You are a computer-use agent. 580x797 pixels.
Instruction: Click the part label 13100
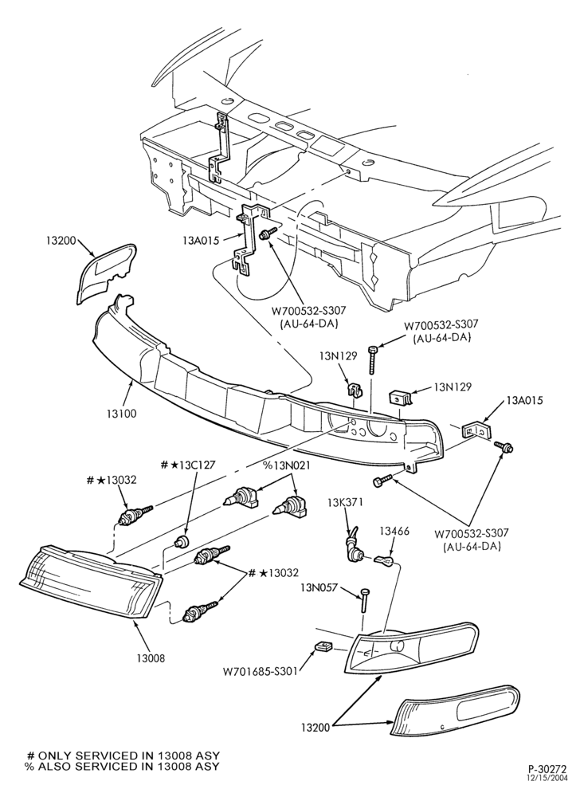point(122,414)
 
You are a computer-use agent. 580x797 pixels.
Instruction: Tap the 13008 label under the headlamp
point(151,658)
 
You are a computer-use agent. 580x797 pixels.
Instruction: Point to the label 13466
point(394,532)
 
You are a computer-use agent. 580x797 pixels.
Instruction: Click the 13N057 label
point(319,587)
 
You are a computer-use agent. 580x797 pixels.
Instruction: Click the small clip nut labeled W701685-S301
point(322,646)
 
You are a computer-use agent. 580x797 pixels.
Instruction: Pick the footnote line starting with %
point(123,766)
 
